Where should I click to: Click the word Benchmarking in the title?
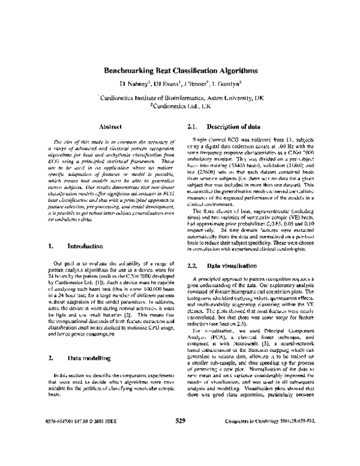click(133, 70)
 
